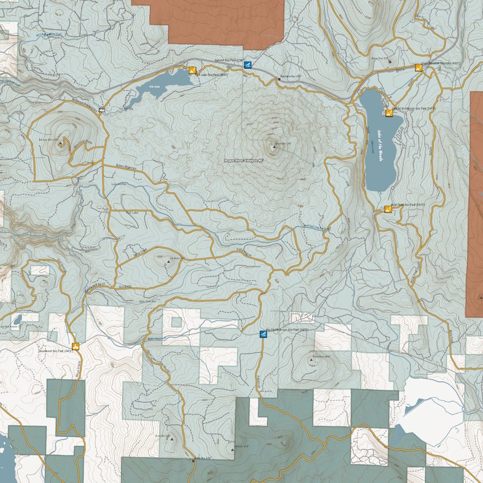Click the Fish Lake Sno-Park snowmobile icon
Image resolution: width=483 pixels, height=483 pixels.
pyautogui.click(x=192, y=70)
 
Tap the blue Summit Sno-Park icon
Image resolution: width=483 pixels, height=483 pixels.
pyautogui.click(x=247, y=65)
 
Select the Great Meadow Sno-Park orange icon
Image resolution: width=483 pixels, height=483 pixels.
pyautogui.click(x=418, y=67)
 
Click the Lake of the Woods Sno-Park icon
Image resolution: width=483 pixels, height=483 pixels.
pyautogui.click(x=389, y=111)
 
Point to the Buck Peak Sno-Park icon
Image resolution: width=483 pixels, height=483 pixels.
pyautogui.click(x=388, y=208)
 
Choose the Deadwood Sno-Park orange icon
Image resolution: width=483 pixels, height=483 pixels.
pyautogui.click(x=76, y=346)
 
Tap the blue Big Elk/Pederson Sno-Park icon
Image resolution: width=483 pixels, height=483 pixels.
pyautogui.click(x=263, y=334)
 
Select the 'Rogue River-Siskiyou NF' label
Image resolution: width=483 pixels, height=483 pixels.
pyautogui.click(x=243, y=161)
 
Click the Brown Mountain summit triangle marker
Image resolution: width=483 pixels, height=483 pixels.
pyautogui.click(x=274, y=147)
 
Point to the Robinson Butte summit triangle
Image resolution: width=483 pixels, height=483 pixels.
pyautogui.click(x=61, y=143)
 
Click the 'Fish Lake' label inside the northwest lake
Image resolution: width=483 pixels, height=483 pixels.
pyautogui.click(x=154, y=87)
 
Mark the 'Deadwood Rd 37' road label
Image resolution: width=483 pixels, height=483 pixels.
pyautogui.click(x=94, y=286)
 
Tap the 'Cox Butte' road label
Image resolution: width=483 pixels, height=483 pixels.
pyautogui.click(x=125, y=286)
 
